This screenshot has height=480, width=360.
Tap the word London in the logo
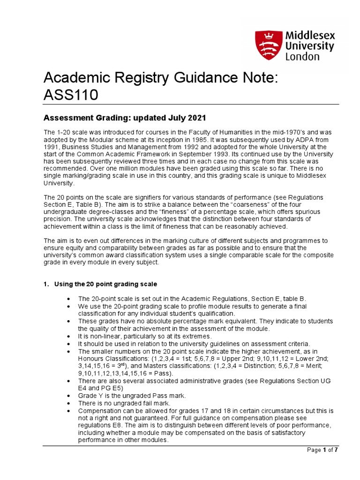pos(302,57)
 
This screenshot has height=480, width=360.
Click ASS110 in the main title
pos(70,95)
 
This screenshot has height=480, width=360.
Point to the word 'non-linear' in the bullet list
pos(102,336)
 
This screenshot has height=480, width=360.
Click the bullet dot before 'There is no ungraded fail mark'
pos(69,404)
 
